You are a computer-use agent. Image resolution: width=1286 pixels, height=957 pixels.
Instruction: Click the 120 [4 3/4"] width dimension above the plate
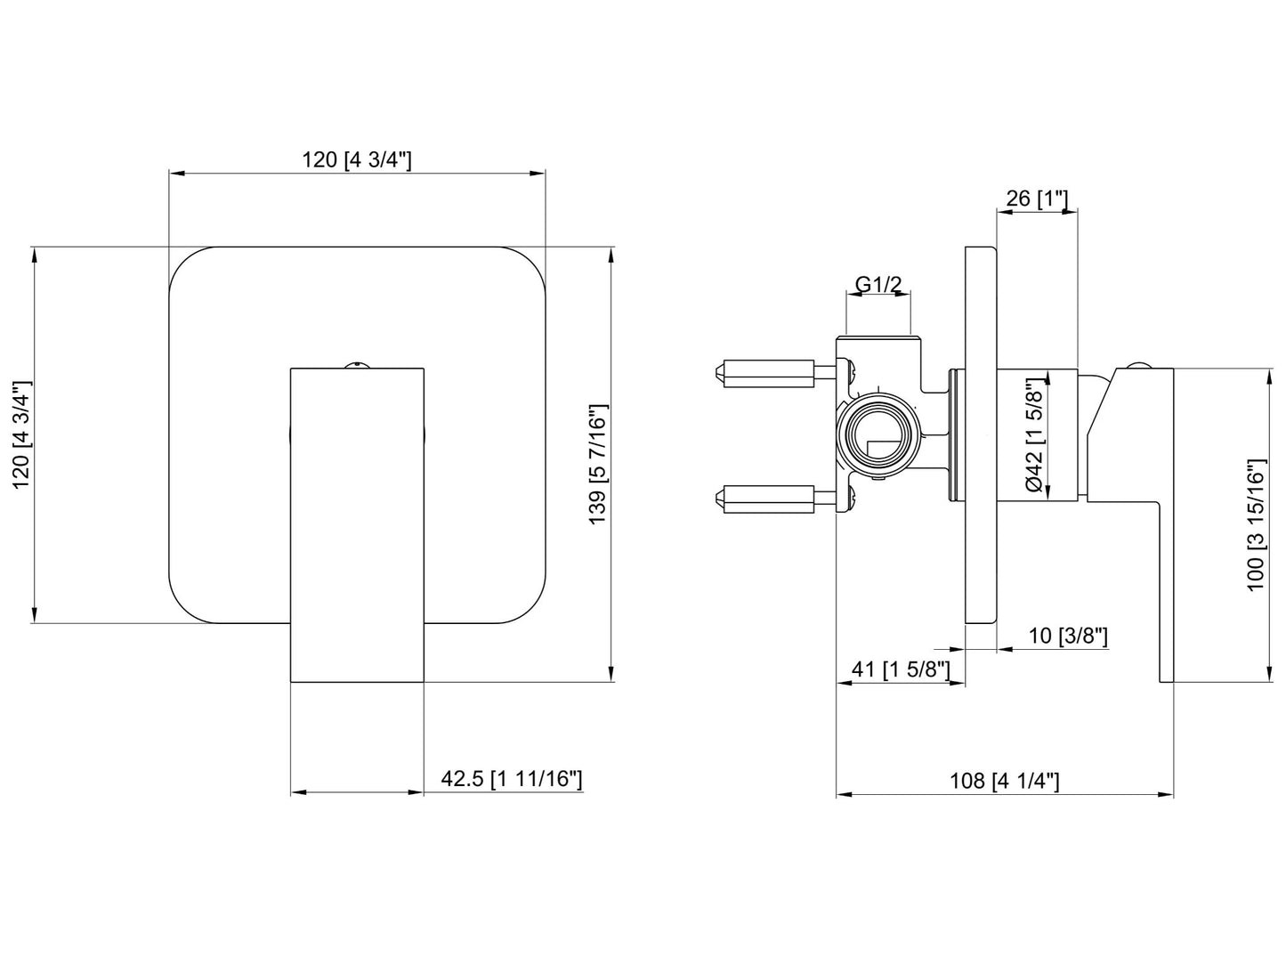tap(357, 159)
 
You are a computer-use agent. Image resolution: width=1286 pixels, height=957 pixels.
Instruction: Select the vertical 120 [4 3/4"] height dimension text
tap(23, 434)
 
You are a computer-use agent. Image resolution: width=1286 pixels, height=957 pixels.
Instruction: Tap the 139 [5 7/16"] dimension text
tap(597, 464)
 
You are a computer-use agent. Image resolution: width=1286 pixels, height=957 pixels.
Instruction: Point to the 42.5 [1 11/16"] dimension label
tap(512, 779)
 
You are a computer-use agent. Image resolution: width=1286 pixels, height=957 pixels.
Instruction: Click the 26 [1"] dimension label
tap(1036, 198)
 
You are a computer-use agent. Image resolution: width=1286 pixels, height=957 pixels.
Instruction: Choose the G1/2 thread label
tap(878, 284)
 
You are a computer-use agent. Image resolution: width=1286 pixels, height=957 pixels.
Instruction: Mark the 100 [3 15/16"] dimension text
tap(1256, 524)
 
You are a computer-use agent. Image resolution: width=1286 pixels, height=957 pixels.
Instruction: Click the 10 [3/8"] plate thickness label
tap(1068, 636)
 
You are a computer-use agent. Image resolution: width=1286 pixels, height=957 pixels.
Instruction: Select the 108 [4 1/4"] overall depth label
tap(1005, 781)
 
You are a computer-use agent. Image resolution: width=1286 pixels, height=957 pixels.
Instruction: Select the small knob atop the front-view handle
tap(357, 363)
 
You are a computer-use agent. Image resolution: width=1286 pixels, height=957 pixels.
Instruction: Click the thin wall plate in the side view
tap(981, 435)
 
